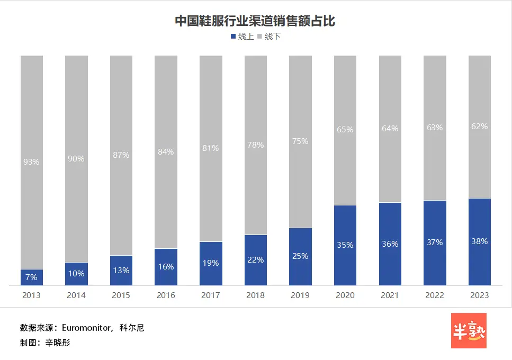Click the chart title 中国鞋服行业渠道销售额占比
[255, 21]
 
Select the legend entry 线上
[242, 37]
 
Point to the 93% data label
[32, 162]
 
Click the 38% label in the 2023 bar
[479, 241]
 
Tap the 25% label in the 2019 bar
[300, 256]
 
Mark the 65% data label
[345, 129]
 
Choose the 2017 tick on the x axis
[211, 295]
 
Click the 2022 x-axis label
[435, 295]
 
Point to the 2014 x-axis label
[76, 295]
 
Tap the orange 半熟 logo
[468, 331]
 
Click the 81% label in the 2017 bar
[211, 148]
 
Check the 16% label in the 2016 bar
[166, 267]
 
